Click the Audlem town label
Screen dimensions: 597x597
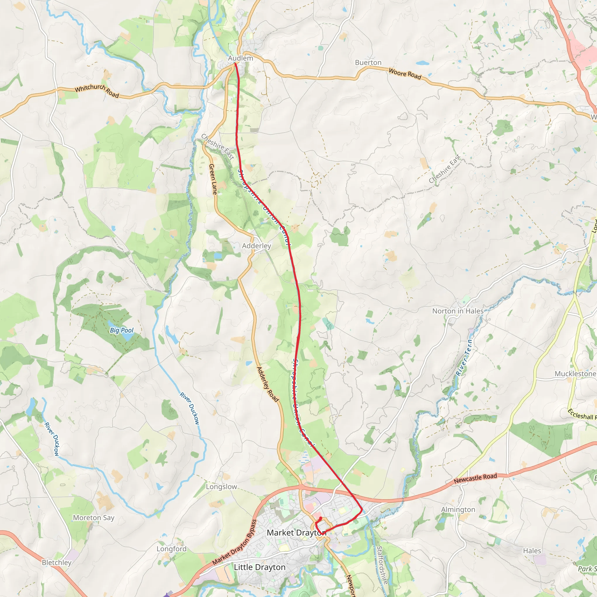pos(240,58)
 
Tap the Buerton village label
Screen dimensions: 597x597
pos(368,63)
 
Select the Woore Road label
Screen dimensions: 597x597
pos(405,74)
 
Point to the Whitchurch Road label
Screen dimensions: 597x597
pos(97,91)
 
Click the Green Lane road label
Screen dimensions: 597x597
pos(213,179)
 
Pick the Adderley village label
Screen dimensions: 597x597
pos(257,246)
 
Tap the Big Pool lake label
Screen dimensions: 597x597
pos(122,330)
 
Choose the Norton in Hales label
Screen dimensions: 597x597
pos(458,311)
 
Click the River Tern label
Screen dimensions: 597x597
pos(464,357)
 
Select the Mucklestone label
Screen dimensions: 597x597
pos(575,374)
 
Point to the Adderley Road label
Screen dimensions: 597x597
pos(268,384)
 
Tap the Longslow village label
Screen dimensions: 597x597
pos(221,487)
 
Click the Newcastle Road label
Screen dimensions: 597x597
pos(475,478)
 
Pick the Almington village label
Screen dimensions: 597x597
pos(458,510)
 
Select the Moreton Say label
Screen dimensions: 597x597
pos(94,518)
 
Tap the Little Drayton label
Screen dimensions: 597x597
pos(259,567)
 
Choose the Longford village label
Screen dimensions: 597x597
pos(171,549)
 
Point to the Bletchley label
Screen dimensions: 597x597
pos(57,562)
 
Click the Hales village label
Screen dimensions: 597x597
pos(532,551)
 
